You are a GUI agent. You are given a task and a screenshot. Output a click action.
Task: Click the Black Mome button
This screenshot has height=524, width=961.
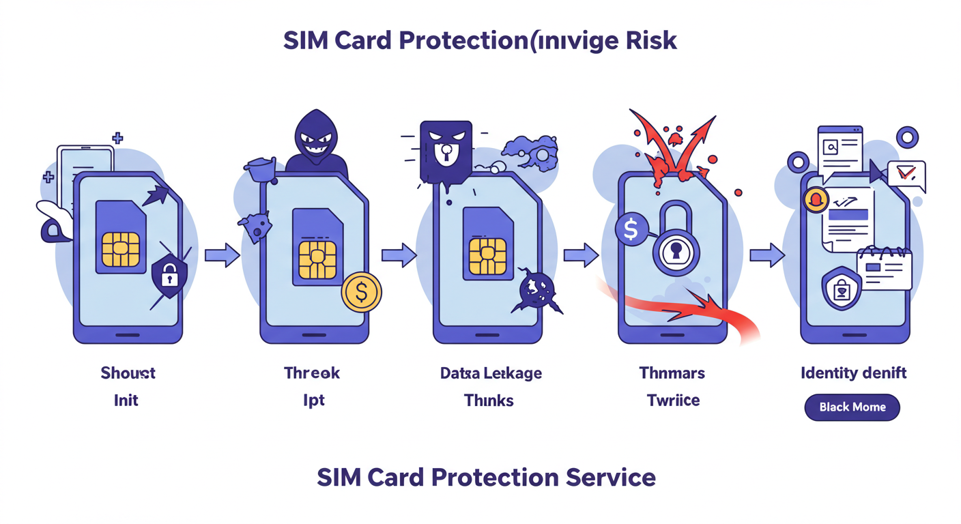pyautogui.click(x=852, y=407)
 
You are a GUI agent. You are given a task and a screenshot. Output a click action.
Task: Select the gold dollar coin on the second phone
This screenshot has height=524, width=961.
pyautogui.click(x=361, y=292)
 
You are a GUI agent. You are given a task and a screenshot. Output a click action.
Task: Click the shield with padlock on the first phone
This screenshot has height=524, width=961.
pyautogui.click(x=169, y=276)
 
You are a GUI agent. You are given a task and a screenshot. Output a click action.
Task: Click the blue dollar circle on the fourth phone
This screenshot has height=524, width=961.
pyautogui.click(x=631, y=230)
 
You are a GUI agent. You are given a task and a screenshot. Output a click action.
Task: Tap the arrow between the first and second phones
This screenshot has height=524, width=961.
pyautogui.click(x=222, y=256)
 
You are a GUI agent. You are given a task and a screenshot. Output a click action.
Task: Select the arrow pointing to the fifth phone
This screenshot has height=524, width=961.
pyautogui.click(x=767, y=256)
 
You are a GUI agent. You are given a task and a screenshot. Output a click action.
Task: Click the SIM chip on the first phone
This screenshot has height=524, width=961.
pyautogui.click(x=121, y=249)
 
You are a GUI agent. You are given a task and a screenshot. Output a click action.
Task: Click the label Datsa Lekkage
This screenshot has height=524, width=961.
pyautogui.click(x=491, y=373)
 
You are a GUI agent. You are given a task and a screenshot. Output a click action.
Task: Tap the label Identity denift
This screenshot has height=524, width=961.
pyautogui.click(x=853, y=373)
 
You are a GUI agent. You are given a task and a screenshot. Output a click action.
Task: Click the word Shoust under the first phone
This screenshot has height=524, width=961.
pyautogui.click(x=128, y=373)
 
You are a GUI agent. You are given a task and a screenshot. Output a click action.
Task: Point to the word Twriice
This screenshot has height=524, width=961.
pyautogui.click(x=673, y=400)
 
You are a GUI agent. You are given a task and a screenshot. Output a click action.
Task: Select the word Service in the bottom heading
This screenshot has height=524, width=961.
pyautogui.click(x=611, y=477)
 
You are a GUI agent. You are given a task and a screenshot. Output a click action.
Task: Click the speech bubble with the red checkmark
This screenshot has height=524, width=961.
pyautogui.click(x=906, y=175)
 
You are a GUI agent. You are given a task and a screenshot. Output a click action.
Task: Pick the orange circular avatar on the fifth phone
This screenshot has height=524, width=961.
pyautogui.click(x=816, y=200)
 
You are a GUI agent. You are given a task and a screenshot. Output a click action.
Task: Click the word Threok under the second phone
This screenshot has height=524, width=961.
pyautogui.click(x=312, y=373)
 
